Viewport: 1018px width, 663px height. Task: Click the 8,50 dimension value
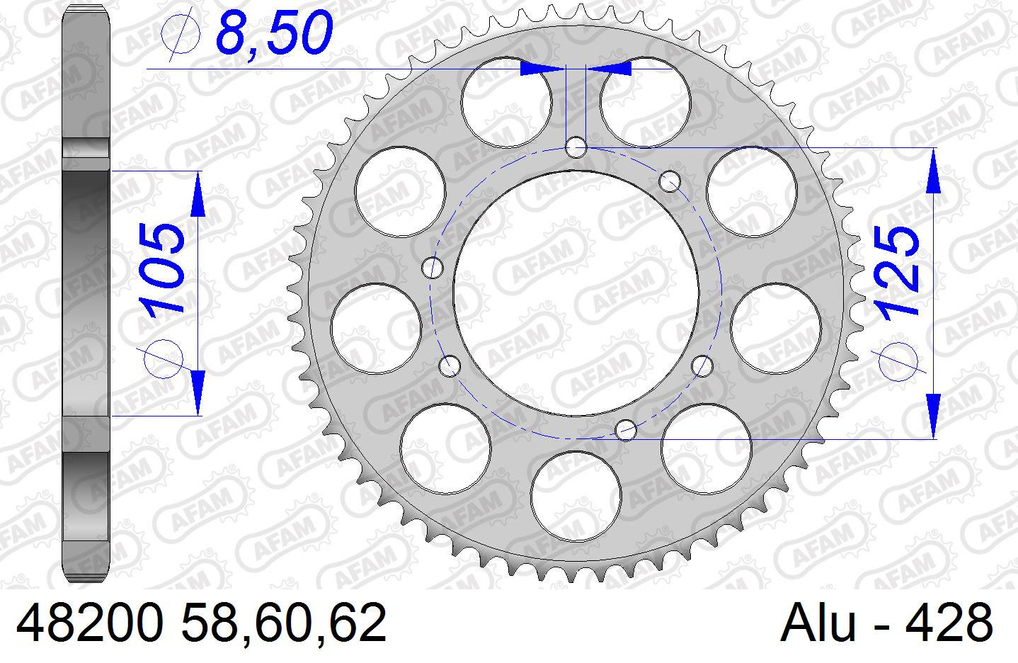point(275,31)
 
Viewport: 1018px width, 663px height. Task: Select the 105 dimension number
point(161,268)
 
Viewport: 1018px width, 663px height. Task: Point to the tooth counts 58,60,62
point(284,623)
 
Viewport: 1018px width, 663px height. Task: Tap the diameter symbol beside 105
point(163,359)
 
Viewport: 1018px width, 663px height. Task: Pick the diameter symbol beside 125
point(898,361)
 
